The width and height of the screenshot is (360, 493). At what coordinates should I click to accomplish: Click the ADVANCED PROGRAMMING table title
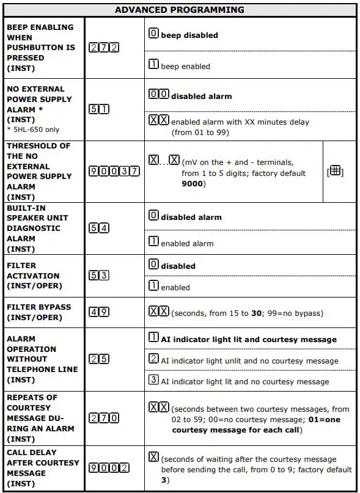[x=180, y=10]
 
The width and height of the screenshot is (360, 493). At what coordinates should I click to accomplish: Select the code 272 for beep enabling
[x=104, y=48]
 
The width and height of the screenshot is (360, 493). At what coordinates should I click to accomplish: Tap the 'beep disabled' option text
[x=189, y=35]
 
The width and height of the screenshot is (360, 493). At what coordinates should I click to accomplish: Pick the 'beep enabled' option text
[x=185, y=66]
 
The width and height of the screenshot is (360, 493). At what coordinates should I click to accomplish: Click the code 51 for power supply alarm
[x=99, y=109]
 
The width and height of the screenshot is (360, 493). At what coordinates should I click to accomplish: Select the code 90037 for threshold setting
[x=114, y=171]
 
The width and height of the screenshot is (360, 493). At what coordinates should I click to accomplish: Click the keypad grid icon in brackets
[x=335, y=172]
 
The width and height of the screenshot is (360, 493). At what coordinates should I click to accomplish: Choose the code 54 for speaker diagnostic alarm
[x=99, y=228]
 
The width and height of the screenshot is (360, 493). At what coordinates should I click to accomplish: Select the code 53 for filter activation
[x=99, y=276]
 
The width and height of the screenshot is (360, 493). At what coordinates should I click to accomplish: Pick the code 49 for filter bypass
[x=99, y=312]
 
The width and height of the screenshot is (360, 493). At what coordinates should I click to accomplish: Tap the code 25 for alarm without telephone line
[x=99, y=359]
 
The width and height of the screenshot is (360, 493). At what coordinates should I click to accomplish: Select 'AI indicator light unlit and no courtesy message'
[x=249, y=361]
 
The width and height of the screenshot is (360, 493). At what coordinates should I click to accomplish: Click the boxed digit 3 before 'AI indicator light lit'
[x=154, y=381]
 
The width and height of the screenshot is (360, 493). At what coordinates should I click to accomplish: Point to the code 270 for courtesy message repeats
[x=104, y=418]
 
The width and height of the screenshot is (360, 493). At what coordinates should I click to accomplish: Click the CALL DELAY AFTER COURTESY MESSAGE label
[x=42, y=468]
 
